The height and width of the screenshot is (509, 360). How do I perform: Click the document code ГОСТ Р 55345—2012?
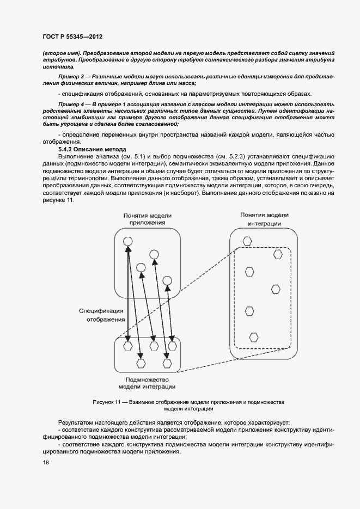(x=72, y=36)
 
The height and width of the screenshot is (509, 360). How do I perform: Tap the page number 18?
(x=45, y=463)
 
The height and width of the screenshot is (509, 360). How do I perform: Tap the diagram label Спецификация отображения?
(x=102, y=315)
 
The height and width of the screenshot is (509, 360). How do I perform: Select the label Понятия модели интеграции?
(x=264, y=219)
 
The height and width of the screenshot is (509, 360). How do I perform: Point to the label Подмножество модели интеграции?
(x=147, y=383)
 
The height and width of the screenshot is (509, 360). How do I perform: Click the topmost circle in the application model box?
(x=127, y=242)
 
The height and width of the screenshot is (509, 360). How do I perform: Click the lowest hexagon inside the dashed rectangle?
(x=254, y=336)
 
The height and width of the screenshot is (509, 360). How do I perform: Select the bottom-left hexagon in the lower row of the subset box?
(x=141, y=363)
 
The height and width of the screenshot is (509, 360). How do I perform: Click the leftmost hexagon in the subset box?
(x=128, y=345)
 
